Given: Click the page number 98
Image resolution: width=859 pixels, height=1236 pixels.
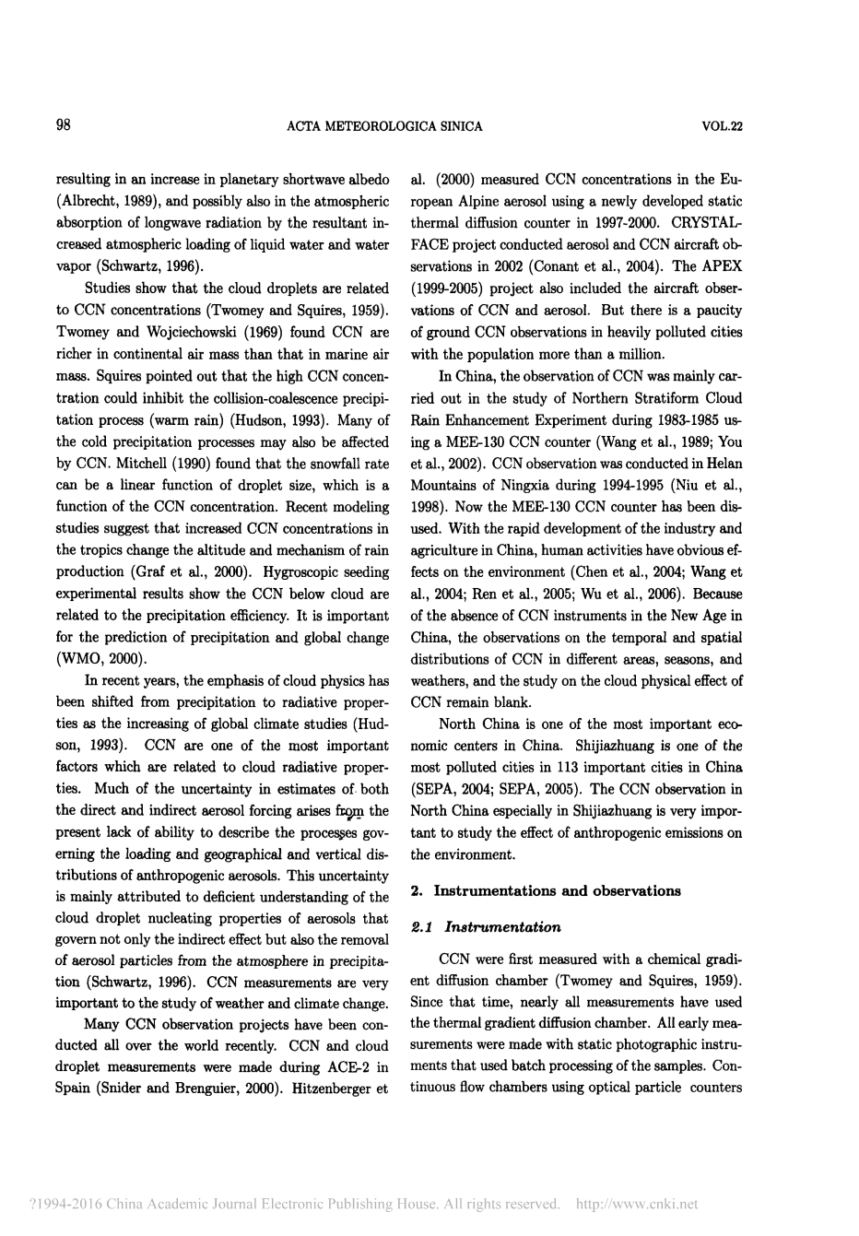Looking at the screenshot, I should [64, 126].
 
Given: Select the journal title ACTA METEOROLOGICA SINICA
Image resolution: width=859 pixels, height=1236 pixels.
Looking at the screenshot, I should [384, 127].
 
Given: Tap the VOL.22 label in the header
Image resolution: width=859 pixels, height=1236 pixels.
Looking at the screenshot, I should [722, 127].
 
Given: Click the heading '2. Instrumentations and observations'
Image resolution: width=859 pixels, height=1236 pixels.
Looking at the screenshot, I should [545, 890].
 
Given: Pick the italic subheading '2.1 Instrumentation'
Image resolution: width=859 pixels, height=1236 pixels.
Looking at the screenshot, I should [485, 926].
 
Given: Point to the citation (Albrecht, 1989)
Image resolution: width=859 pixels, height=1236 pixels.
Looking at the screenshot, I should [106, 201].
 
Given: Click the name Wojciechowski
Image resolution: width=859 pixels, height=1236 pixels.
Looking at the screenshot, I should [193, 332].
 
